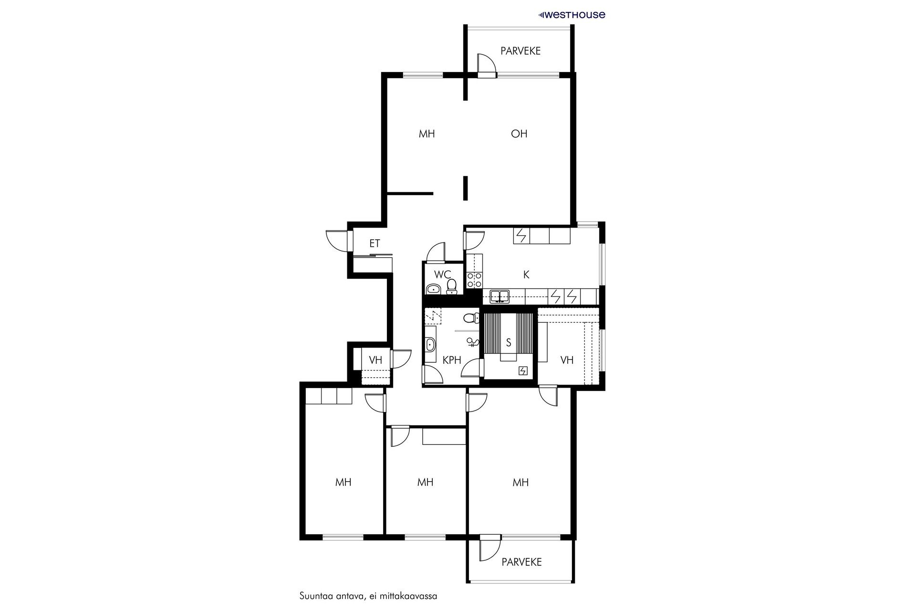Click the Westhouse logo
click(572, 15)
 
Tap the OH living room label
click(519, 134)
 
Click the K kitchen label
click(526, 274)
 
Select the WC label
click(443, 274)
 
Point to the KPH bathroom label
click(452, 360)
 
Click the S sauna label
click(509, 342)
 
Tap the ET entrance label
click(375, 243)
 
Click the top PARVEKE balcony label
click(520, 51)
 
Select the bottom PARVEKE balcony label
click(521, 562)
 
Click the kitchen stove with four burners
click(474, 280)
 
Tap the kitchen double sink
click(500, 296)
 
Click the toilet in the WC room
click(451, 285)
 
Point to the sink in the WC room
click(433, 289)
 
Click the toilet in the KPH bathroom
click(471, 317)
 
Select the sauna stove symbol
click(523, 371)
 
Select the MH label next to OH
click(427, 134)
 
